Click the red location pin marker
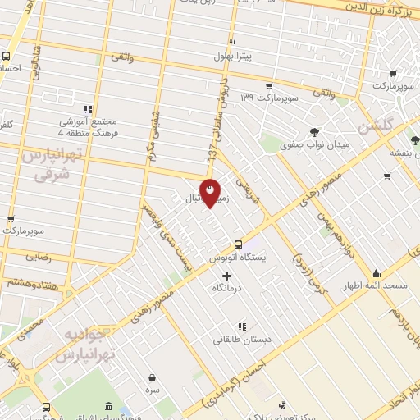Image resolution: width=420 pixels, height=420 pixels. point(211,191)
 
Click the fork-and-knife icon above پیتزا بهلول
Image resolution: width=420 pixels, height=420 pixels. point(233,43)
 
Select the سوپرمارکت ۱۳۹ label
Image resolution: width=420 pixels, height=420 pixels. point(267,98)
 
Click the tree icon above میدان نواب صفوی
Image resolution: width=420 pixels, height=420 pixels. point(315,130)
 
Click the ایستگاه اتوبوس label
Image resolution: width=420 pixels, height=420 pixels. point(238,257)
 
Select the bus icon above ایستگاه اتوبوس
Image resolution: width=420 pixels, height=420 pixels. point(238,244)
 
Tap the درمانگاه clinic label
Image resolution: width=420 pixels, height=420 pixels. point(228,288)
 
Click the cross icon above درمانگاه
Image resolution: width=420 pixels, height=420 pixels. point(227,275)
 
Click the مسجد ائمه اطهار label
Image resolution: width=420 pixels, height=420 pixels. point(377,285)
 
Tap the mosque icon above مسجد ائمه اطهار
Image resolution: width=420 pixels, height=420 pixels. point(377,273)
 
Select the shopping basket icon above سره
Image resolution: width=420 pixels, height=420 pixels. point(153,378)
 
